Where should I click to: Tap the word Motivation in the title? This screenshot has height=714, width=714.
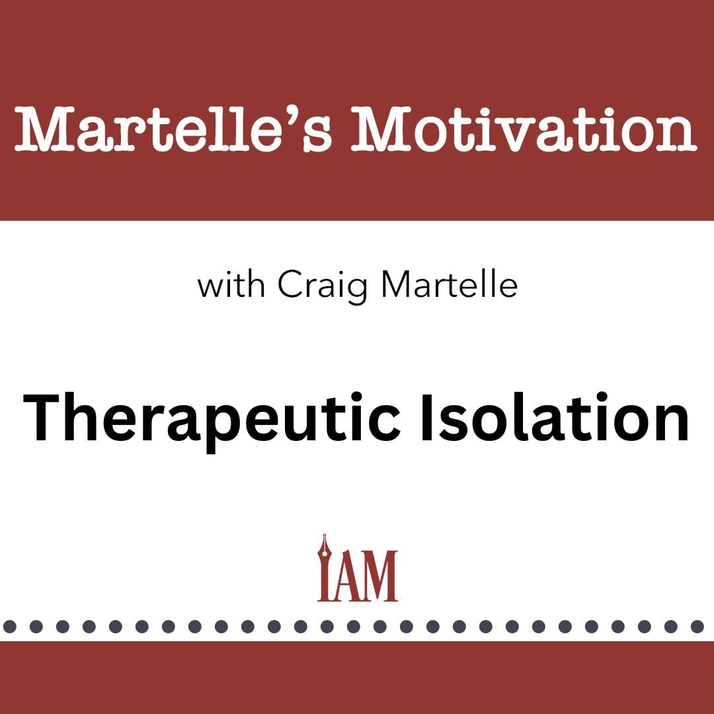(x=524, y=130)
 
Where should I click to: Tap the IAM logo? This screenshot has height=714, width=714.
(x=358, y=568)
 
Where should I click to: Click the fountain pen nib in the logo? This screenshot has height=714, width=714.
(x=324, y=547)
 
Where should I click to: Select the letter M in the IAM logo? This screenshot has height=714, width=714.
(x=379, y=576)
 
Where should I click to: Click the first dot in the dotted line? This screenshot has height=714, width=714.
(x=9, y=627)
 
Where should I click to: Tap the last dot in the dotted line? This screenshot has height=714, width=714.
(x=697, y=627)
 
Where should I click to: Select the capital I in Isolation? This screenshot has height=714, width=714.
(x=426, y=418)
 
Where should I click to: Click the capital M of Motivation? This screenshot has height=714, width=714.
(x=381, y=130)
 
